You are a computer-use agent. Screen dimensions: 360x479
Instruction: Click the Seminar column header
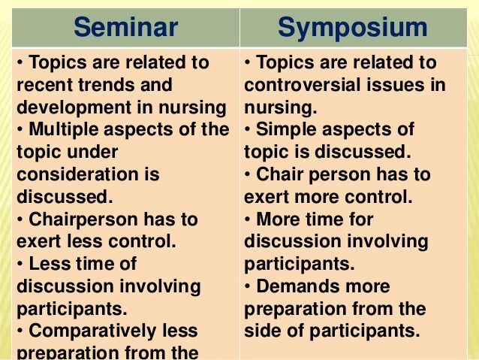pyautogui.click(x=126, y=28)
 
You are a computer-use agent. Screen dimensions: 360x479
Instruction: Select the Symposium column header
pyautogui.click(x=352, y=28)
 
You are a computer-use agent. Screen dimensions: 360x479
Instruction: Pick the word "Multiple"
pyautogui.click(x=63, y=129)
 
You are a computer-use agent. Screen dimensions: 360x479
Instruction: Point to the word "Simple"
pyautogui.click(x=286, y=129)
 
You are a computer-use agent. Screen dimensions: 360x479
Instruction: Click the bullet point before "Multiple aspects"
pyautogui.click(x=20, y=130)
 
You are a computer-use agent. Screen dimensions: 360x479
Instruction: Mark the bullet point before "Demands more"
pyautogui.click(x=249, y=286)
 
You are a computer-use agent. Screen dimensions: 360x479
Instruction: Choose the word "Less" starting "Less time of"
pyautogui.click(x=47, y=264)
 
